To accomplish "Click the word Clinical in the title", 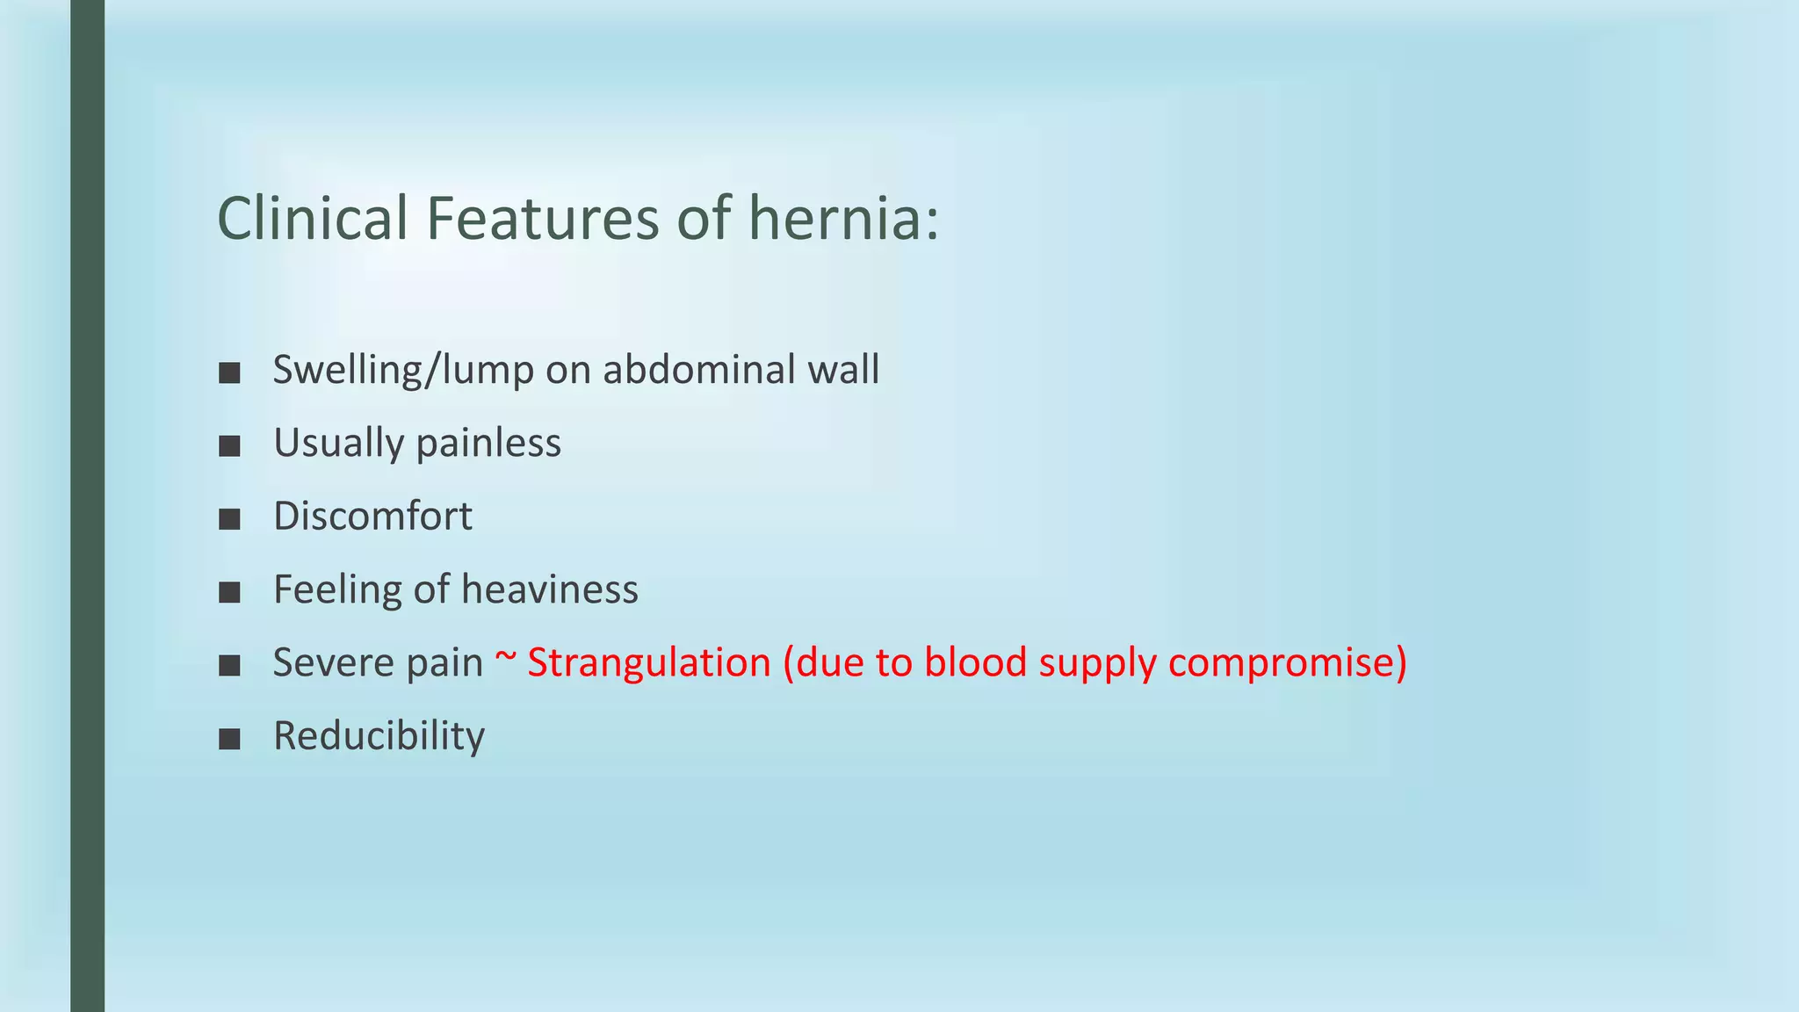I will point(313,219).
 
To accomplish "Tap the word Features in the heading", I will point(542,219).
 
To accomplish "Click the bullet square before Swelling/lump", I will point(230,373).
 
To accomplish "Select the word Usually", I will point(338,444).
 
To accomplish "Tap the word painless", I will point(488,443).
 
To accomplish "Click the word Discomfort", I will point(372,517).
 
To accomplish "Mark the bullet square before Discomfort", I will point(230,519).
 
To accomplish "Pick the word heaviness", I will point(551,589).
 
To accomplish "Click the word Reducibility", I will point(379,737).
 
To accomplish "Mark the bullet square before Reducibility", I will point(230,739).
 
